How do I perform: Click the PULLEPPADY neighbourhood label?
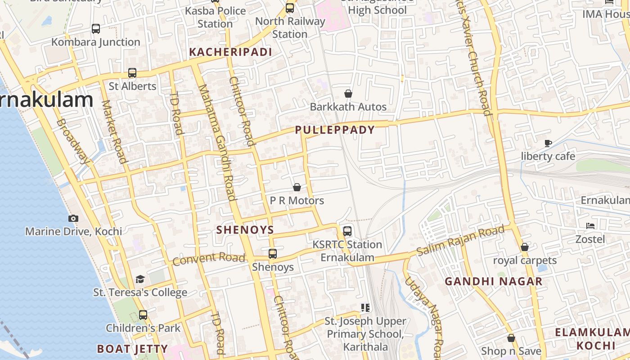(x=335, y=130)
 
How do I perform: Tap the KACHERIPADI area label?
(x=230, y=52)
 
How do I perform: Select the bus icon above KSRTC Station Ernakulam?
(x=347, y=231)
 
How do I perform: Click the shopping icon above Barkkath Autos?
(x=348, y=94)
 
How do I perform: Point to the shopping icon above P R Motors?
(x=297, y=187)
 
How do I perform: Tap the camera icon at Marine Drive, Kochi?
(x=73, y=218)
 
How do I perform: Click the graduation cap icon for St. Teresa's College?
(x=140, y=279)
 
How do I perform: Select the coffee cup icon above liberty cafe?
(x=548, y=143)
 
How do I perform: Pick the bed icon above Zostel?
(x=590, y=225)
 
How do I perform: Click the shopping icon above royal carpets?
(x=525, y=247)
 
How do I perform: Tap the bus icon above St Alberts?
(x=132, y=72)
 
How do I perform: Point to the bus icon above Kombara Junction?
(x=96, y=29)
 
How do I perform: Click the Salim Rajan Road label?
(x=460, y=241)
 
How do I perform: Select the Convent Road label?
(x=209, y=259)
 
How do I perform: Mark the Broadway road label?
(x=73, y=141)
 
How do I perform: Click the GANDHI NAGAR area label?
(x=494, y=282)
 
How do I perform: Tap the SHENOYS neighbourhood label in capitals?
(x=245, y=230)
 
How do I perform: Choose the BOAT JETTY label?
(x=132, y=349)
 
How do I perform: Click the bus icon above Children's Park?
(x=143, y=315)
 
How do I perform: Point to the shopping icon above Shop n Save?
(x=511, y=337)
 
